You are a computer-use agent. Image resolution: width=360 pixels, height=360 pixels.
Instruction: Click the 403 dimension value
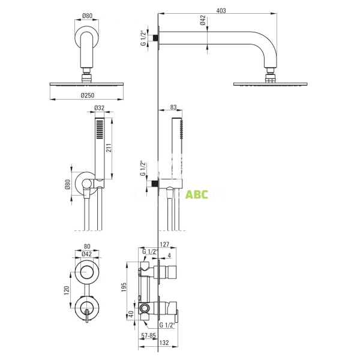point(221,11)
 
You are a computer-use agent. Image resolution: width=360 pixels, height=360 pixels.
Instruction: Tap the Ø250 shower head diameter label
point(88,95)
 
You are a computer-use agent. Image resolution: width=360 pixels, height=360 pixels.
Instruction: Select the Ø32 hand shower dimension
point(100,107)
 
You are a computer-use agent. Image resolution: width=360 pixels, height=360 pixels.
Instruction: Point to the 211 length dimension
point(109,148)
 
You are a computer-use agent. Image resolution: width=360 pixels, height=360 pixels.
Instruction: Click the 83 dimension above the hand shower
point(173,107)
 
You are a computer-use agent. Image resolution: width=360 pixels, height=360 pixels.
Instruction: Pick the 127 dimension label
point(164,244)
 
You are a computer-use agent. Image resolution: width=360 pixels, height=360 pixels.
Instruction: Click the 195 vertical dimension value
point(124,287)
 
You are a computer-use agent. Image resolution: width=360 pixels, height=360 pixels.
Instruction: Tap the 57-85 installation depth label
point(148,335)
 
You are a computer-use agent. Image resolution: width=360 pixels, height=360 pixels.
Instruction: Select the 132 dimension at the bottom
point(164,343)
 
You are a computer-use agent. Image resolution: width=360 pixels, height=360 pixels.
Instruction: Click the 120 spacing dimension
point(67,290)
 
